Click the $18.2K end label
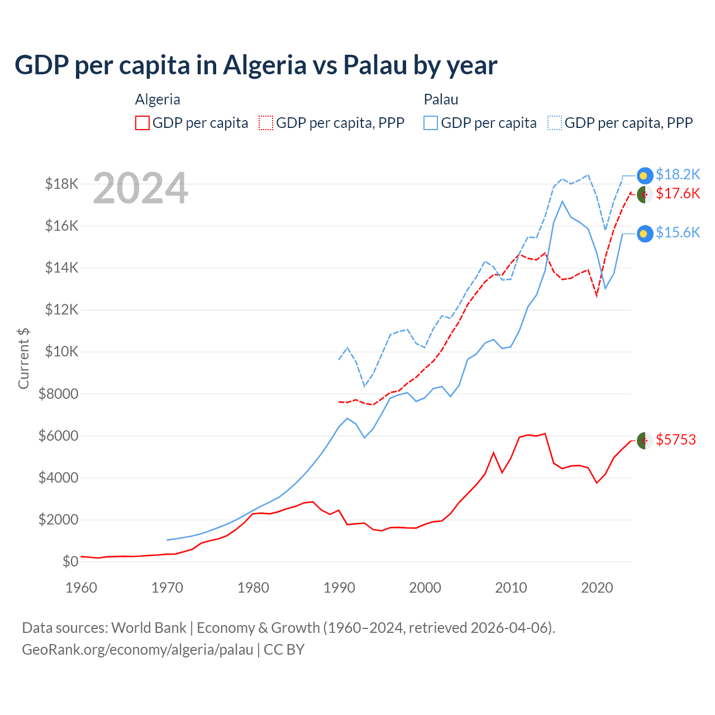[678, 175]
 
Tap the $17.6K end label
[678, 194]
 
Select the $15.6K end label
[678, 233]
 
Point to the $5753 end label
[676, 440]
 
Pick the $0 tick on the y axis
[70, 561]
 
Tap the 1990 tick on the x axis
[339, 588]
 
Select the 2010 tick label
[511, 588]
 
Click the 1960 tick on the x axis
[82, 588]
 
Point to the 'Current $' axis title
[23, 359]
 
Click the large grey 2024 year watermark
[140, 188]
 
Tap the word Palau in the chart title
[375, 65]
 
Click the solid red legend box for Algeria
[142, 123]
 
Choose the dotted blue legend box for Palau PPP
[555, 123]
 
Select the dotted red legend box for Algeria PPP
[266, 123]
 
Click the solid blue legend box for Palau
[431, 123]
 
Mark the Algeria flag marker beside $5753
[645, 440]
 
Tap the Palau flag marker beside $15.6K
[645, 233]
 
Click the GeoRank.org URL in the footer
[137, 650]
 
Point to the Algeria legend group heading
[158, 99]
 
